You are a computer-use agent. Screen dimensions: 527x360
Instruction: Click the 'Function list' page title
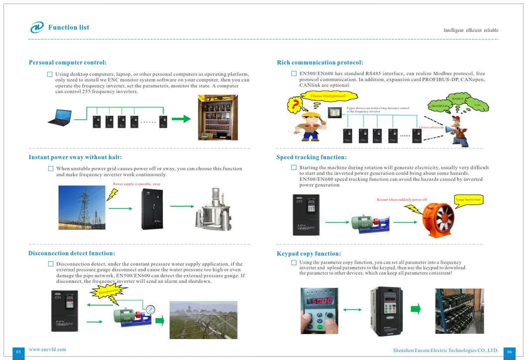tap(69, 27)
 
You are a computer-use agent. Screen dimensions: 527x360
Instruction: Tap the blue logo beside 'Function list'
tap(37, 27)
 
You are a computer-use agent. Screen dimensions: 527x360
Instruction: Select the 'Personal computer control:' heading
tap(68, 63)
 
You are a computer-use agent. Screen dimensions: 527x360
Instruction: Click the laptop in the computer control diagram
tap(59, 119)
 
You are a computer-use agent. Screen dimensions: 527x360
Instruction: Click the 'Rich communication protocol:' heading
tap(320, 63)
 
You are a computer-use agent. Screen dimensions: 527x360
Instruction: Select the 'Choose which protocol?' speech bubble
tap(328, 96)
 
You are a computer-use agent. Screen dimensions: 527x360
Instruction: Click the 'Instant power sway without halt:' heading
tap(75, 157)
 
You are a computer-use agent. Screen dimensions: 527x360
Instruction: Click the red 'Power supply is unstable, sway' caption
tap(137, 184)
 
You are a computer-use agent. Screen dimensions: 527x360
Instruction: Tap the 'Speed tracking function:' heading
tap(312, 157)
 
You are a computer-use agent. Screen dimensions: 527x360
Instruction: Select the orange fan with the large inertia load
tap(438, 219)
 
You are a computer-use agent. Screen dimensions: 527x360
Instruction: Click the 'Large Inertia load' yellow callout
tap(468, 200)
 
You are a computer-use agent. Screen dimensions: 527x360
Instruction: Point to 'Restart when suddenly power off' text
tap(402, 200)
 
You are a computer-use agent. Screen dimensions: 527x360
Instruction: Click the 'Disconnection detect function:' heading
tap(72, 253)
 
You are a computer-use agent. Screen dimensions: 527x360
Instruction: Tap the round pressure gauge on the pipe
tap(151, 310)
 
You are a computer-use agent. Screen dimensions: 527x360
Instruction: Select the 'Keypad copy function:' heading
tap(309, 254)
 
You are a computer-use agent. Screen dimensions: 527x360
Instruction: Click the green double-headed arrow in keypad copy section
tap(352, 310)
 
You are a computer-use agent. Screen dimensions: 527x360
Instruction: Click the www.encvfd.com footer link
tap(47, 350)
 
